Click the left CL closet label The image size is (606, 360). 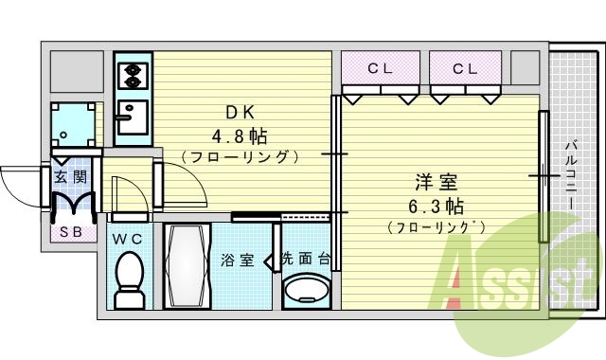click(380, 68)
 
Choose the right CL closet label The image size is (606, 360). click(464, 68)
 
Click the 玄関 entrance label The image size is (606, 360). click(70, 176)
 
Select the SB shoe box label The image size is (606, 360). click(70, 230)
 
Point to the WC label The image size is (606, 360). click(128, 239)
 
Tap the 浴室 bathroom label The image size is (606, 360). click(237, 260)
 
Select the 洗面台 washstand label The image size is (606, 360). click(305, 259)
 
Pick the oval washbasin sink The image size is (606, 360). click(305, 289)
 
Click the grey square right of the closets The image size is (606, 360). click(524, 67)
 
